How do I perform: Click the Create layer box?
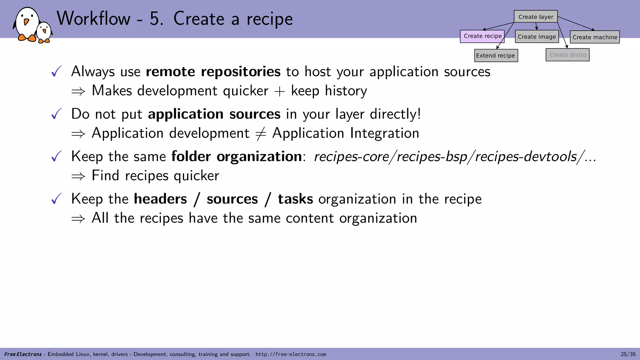click(x=536, y=17)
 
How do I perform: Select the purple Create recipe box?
click(x=482, y=36)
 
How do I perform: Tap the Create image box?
click(x=537, y=37)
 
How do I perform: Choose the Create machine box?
click(x=595, y=37)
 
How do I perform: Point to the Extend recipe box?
click(x=496, y=56)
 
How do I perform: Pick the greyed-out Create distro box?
click(x=567, y=55)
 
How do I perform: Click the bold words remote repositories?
click(x=213, y=72)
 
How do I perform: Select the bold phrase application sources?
click(x=214, y=114)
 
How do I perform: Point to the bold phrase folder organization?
click(x=237, y=156)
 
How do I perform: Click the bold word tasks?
click(x=295, y=199)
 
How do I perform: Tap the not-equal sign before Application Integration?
click(x=261, y=134)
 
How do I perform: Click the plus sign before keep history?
click(x=279, y=91)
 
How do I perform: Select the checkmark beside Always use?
click(x=56, y=72)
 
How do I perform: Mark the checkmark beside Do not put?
click(x=56, y=114)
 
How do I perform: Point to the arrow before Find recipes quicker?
click(x=78, y=176)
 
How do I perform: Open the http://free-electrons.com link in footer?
click(x=291, y=354)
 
